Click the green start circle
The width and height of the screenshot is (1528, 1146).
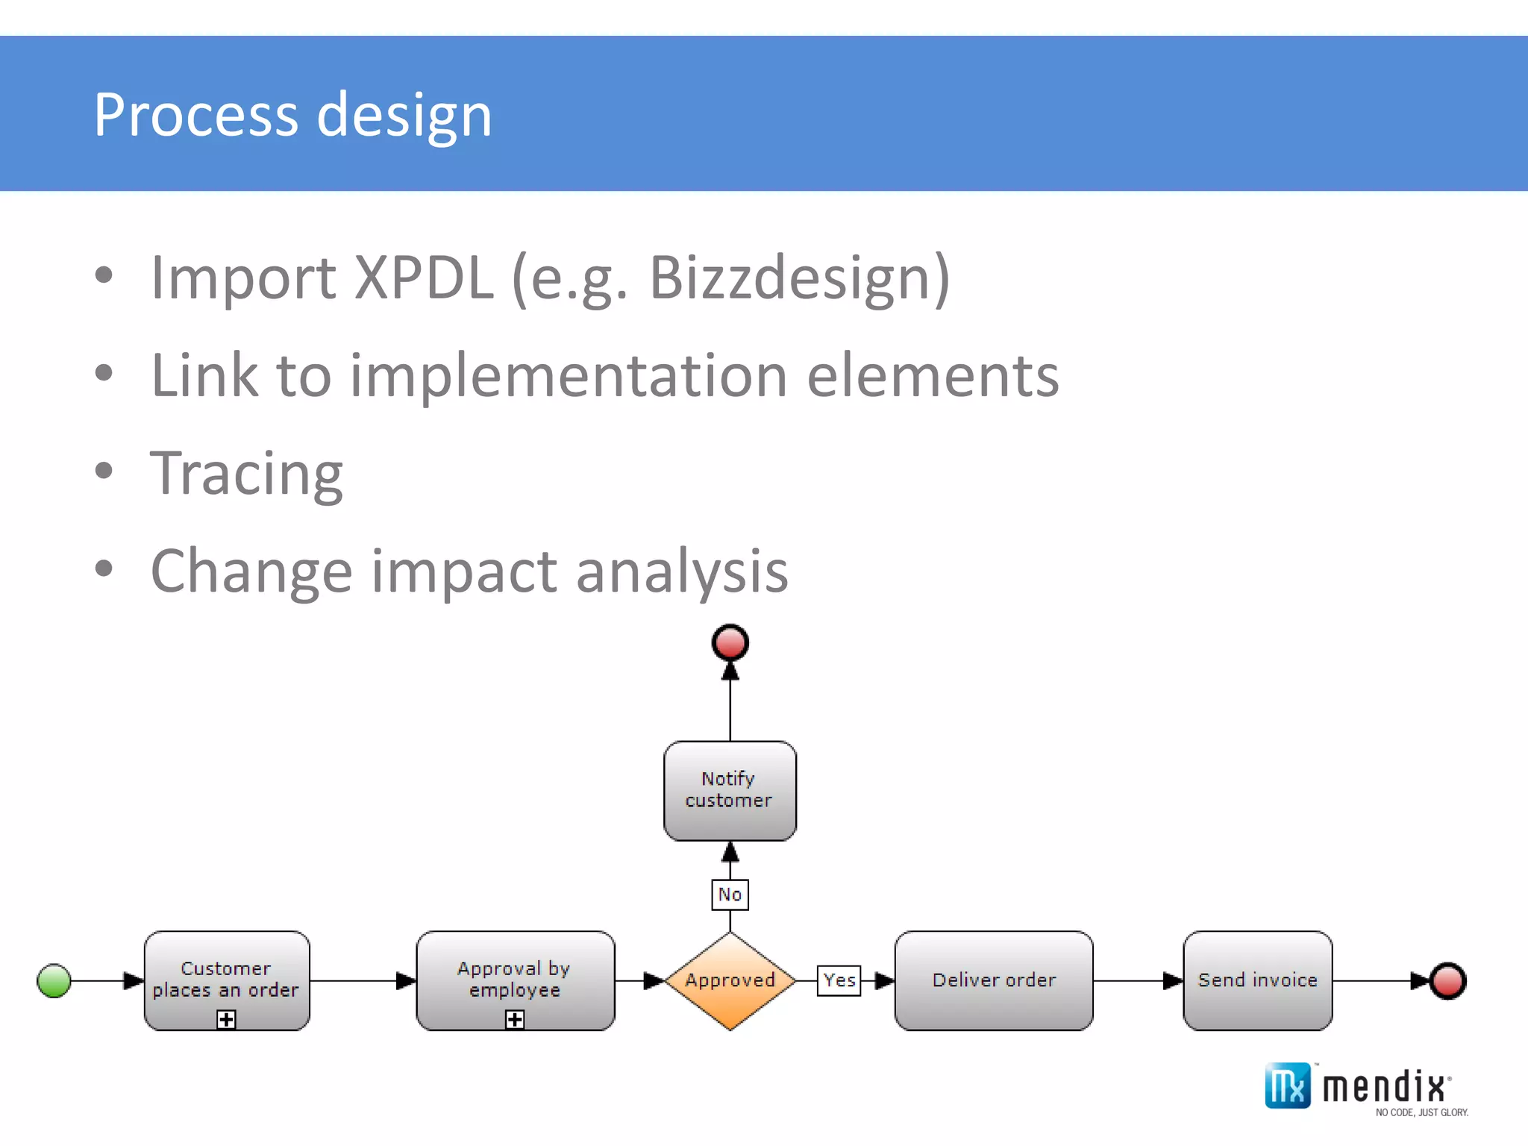[54, 980]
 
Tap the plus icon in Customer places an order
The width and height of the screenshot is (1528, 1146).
[226, 1019]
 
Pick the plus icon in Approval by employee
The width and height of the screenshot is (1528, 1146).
[515, 1019]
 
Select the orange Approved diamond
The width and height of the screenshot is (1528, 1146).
[730, 980]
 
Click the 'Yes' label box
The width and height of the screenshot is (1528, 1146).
[839, 980]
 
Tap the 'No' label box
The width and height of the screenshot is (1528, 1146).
[730, 895]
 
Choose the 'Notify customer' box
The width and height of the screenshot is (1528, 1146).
[730, 790]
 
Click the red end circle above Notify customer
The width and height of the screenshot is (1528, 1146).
[730, 642]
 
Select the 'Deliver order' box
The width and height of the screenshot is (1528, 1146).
[994, 980]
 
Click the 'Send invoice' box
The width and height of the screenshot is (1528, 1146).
[1257, 980]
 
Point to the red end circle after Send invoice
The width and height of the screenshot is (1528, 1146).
[1448, 980]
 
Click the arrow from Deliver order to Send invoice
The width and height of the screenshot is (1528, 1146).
[1138, 980]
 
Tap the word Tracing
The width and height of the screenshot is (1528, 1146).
[246, 473]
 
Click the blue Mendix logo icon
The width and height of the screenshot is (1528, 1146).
[1287, 1086]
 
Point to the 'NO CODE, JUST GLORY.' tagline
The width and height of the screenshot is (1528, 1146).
[1421, 1112]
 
